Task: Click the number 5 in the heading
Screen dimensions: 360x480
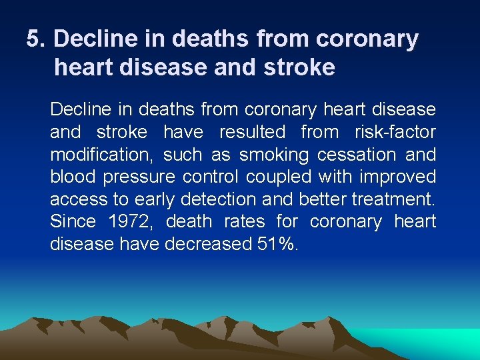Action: [x=34, y=39]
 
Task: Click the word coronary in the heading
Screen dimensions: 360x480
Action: [x=367, y=39]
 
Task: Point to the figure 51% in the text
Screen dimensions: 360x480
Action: [x=277, y=244]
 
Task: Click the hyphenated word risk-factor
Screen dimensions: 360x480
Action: [x=396, y=132]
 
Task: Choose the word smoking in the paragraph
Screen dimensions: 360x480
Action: [x=274, y=155]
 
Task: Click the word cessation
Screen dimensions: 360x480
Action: [x=357, y=155]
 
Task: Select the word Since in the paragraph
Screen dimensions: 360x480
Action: [x=73, y=221]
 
